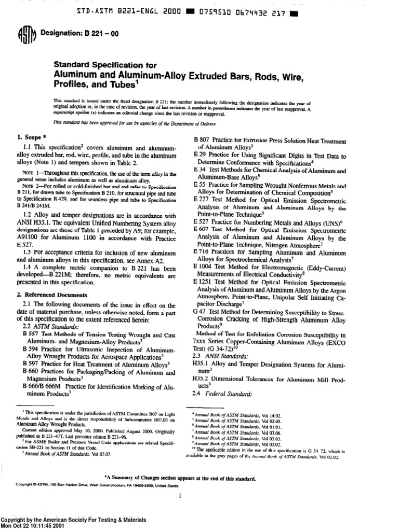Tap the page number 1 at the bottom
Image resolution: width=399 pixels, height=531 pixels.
179,496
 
